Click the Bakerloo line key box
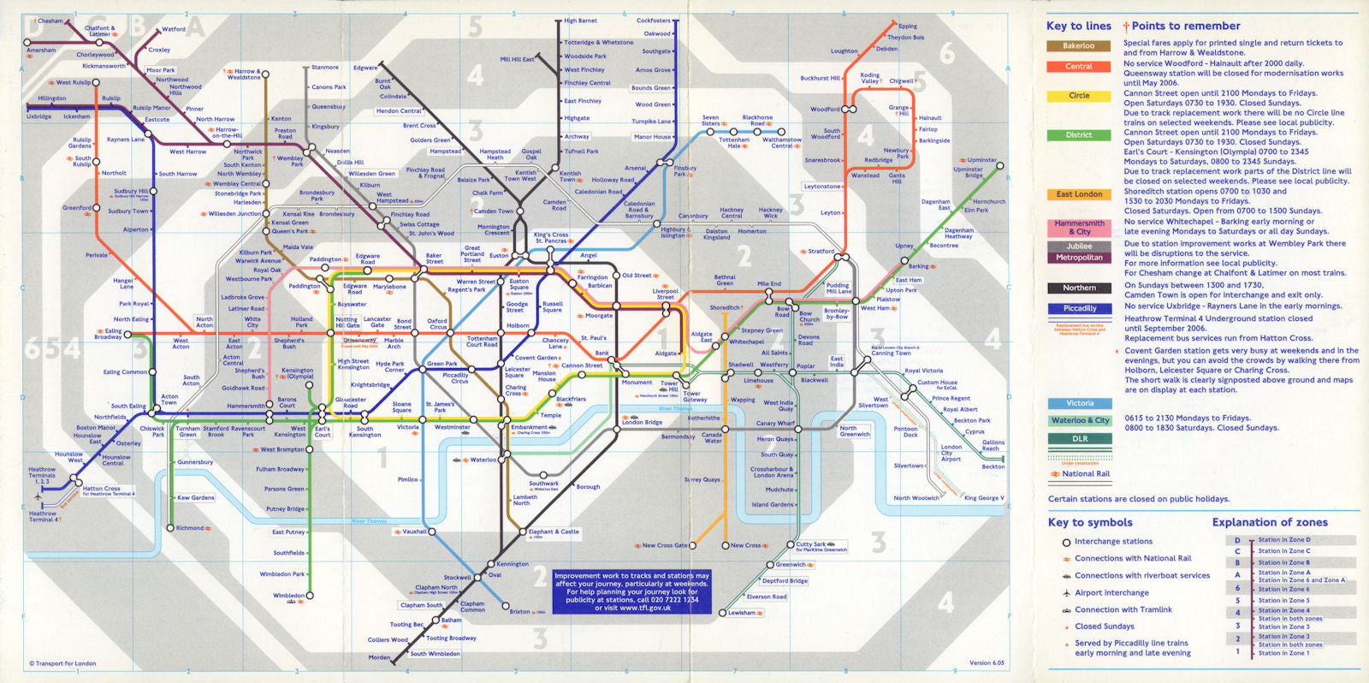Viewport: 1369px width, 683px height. coord(1078,46)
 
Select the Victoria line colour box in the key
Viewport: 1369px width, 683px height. coord(1079,403)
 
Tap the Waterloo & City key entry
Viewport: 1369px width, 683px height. coord(1080,420)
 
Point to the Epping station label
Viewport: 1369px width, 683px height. coord(908,27)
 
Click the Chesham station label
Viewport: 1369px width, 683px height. coord(50,21)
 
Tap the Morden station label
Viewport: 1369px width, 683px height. coord(379,657)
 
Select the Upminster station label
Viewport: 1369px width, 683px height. coord(981,160)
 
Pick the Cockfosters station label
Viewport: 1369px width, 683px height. coord(654,21)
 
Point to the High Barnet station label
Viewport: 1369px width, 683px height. coord(581,21)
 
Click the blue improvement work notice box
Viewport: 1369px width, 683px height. coord(631,591)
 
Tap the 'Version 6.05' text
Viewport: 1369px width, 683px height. coord(987,662)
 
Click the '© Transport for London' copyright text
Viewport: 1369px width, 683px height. coord(62,663)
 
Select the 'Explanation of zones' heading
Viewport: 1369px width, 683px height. coord(1270,522)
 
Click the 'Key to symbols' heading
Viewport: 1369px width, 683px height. coord(1090,522)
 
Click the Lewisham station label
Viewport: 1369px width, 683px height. coord(742,613)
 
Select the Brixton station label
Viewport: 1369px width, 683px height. coord(519,611)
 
